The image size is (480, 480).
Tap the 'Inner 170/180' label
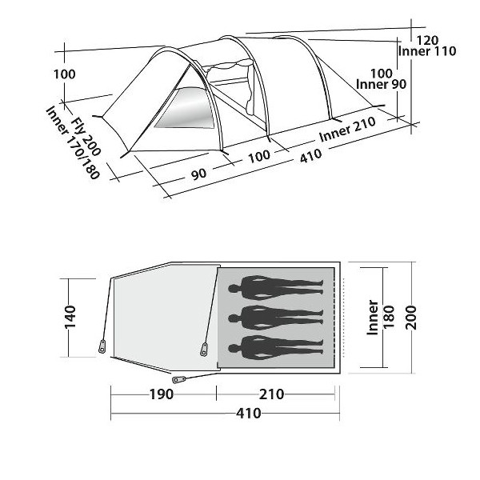[x=73, y=142]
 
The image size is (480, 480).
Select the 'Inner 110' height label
[x=427, y=51]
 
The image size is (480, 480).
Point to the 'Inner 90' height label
[x=382, y=84]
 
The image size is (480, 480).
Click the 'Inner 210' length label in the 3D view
[x=347, y=129]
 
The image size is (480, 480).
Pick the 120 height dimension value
[x=428, y=40]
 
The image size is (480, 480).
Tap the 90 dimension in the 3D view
[x=199, y=174]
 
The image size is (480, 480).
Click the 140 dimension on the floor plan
[x=70, y=317]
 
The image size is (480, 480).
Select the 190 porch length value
[x=162, y=394]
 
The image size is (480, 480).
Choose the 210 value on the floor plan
[x=271, y=394]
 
